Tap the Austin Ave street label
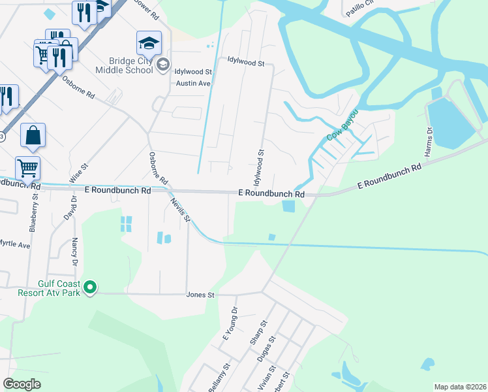pos(194,84)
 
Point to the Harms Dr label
pos(429,140)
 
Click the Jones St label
pos(200,295)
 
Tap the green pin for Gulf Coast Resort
pos(92,287)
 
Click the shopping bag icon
pos(33,136)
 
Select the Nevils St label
pos(180,210)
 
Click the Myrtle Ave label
pos(14,245)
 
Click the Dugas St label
pos(268,348)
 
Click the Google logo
pos(22,384)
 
